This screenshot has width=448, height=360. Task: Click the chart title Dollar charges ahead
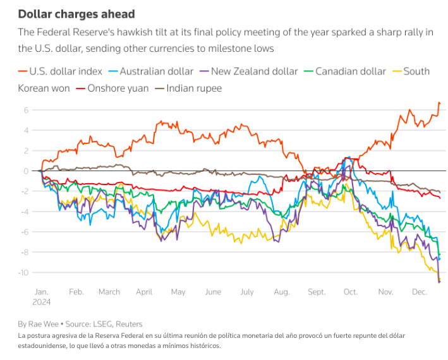coord(76,13)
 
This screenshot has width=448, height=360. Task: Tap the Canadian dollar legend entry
coord(350,71)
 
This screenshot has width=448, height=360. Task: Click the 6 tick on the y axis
coord(27,110)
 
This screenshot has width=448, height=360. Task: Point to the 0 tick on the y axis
coord(27,171)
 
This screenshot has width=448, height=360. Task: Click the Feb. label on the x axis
coord(76,292)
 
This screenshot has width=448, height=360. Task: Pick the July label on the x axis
coord(247,292)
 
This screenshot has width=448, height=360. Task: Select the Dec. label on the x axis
coord(418,292)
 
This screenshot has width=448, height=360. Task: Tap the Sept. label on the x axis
coord(317,292)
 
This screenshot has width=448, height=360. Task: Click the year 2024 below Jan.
coord(41,303)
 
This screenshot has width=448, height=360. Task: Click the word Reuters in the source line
coord(128,324)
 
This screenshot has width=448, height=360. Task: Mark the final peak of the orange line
coord(439,102)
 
